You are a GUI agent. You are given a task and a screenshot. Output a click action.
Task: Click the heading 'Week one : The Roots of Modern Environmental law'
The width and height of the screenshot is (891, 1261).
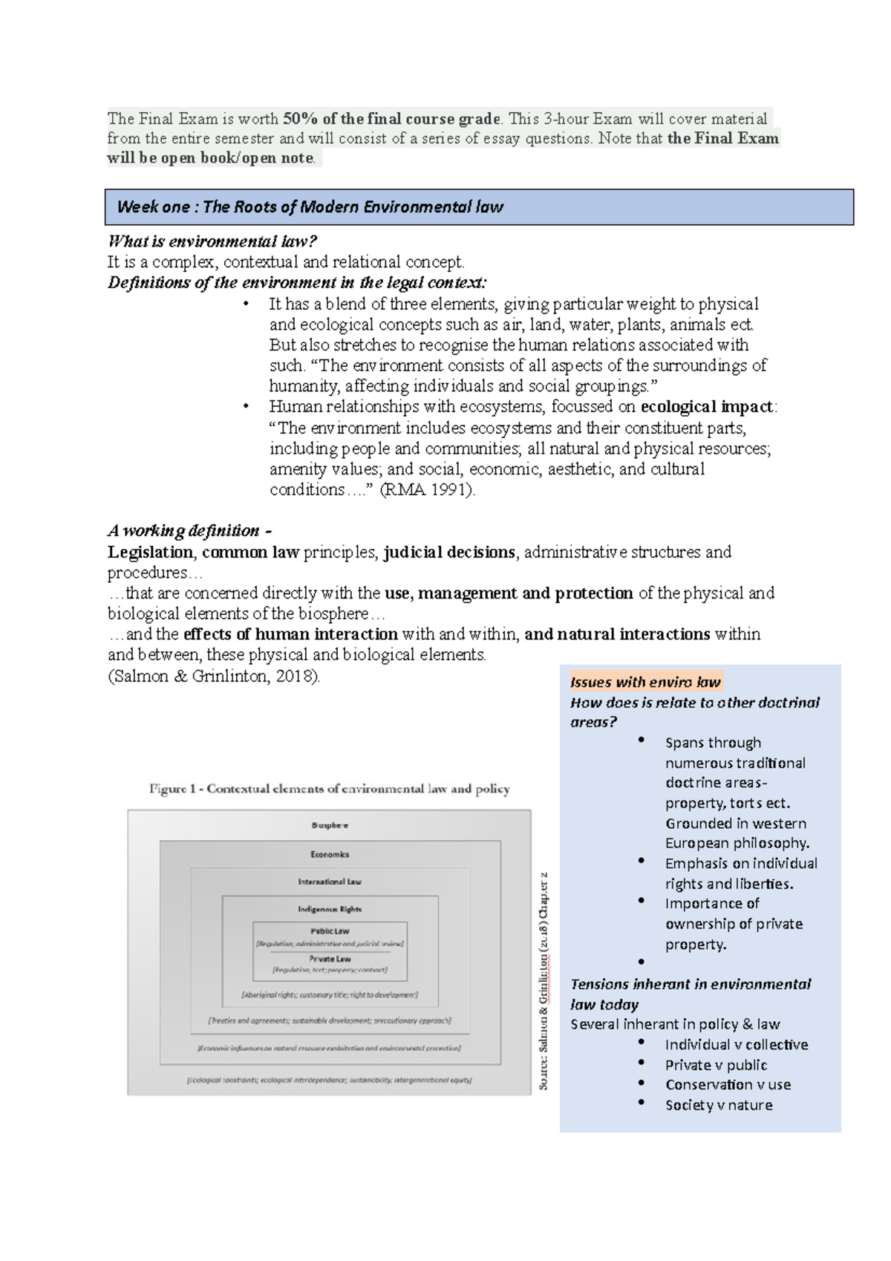click(x=310, y=207)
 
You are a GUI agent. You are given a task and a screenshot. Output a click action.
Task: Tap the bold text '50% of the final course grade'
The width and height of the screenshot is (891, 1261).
click(x=392, y=119)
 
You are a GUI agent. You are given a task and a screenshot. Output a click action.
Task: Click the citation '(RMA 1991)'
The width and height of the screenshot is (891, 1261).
click(x=426, y=490)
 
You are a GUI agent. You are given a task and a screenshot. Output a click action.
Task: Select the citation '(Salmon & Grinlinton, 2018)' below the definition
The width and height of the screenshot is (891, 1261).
click(x=215, y=676)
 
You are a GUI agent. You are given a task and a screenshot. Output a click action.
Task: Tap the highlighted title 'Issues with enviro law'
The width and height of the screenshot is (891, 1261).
click(x=644, y=682)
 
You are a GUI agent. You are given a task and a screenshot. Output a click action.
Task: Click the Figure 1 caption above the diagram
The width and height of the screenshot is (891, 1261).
click(x=329, y=789)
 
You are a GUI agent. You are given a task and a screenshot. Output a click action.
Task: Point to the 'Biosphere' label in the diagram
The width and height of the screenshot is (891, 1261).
click(x=330, y=825)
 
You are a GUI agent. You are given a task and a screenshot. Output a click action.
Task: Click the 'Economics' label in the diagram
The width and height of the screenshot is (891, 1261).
click(x=330, y=854)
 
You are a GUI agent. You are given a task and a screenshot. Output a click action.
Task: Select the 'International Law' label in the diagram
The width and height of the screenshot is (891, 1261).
click(x=330, y=882)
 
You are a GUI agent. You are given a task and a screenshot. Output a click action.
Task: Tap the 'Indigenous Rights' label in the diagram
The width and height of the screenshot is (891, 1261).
click(x=330, y=909)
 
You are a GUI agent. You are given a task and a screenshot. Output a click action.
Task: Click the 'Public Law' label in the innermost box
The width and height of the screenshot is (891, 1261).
click(x=330, y=931)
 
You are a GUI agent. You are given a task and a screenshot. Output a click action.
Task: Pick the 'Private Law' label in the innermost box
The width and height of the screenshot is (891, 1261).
click(x=330, y=959)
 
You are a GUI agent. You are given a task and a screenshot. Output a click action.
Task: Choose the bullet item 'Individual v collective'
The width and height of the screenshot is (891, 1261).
click(x=736, y=1044)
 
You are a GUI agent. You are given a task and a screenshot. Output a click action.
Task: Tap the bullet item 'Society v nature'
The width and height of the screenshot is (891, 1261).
click(x=718, y=1105)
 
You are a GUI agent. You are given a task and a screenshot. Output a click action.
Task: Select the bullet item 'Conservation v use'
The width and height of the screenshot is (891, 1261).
click(x=728, y=1084)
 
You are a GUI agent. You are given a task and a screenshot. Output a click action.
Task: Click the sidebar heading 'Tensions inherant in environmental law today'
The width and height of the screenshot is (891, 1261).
click(x=690, y=994)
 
